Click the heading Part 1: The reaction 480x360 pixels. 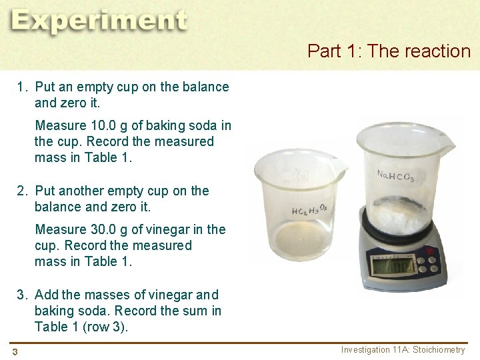click(389, 51)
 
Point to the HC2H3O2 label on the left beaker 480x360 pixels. click(308, 210)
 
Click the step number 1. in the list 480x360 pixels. click(23, 87)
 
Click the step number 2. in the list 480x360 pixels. click(23, 191)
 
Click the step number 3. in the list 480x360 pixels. click(23, 295)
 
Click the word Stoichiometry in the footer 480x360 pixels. click(441, 350)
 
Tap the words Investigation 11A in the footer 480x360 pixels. click(376, 350)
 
